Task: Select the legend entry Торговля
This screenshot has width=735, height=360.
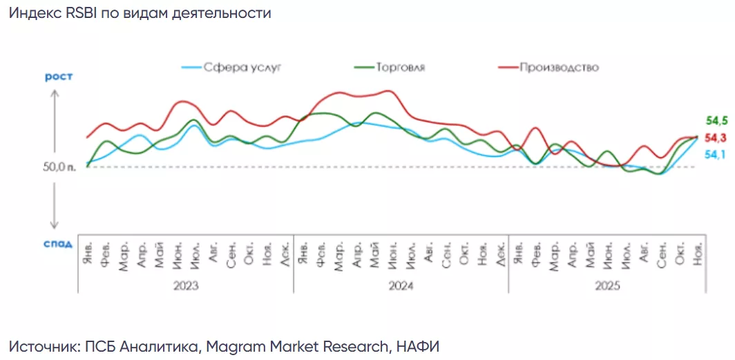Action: pos(400,68)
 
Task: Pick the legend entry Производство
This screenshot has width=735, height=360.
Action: pos(558,68)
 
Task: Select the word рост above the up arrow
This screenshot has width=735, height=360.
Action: pos(58,77)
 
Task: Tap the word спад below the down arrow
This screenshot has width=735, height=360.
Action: pos(58,243)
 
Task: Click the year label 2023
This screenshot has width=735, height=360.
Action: pos(186,285)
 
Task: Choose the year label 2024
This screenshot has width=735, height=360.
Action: pos(401,285)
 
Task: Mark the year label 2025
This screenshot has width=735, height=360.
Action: pos(607,285)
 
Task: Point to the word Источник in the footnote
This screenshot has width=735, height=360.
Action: pos(42,346)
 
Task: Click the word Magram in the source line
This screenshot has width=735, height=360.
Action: pos(226,346)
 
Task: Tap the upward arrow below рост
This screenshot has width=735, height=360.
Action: pos(55,111)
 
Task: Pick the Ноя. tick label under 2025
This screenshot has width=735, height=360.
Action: pos(698,252)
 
